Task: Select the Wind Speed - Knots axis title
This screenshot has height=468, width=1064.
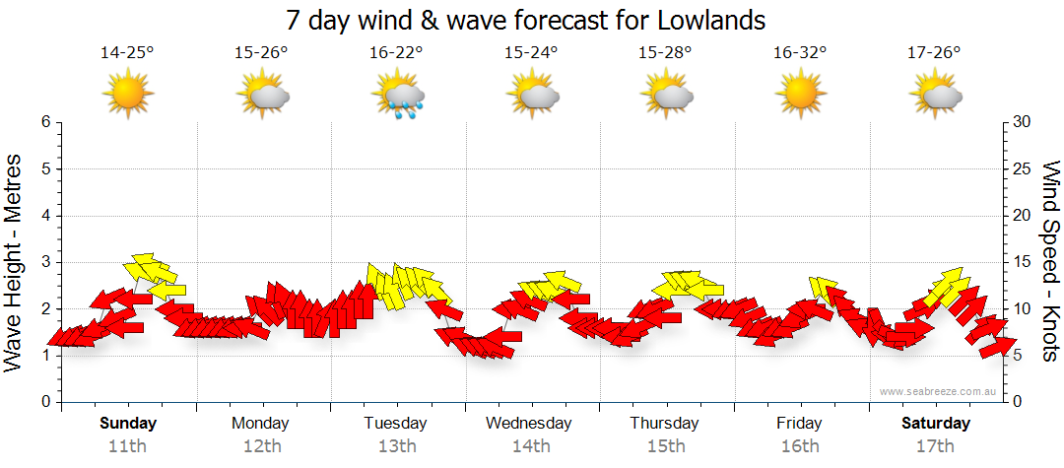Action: tap(1050, 261)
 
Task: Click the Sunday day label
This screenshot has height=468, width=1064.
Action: tap(127, 423)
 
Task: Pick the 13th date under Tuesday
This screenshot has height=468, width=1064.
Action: tap(396, 445)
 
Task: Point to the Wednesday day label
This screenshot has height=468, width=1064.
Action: tap(529, 423)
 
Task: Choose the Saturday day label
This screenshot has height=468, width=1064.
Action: tap(936, 423)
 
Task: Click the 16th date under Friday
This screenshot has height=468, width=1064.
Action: tap(799, 445)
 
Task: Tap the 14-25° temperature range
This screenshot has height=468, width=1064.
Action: tap(127, 53)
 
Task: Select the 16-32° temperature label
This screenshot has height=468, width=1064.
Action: tap(799, 53)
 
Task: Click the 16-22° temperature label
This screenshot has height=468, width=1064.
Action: tap(396, 53)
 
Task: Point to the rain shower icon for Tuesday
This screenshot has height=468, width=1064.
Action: tap(398, 96)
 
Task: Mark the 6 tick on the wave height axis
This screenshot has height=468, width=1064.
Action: tap(45, 122)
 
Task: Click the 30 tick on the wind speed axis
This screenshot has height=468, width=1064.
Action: tap(1024, 122)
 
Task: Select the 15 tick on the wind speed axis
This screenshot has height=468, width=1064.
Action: tap(1024, 262)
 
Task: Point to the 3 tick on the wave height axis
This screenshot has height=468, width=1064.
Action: tap(45, 262)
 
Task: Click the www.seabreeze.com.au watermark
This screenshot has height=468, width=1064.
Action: tap(939, 391)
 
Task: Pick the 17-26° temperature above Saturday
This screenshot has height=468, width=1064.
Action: tap(934, 53)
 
